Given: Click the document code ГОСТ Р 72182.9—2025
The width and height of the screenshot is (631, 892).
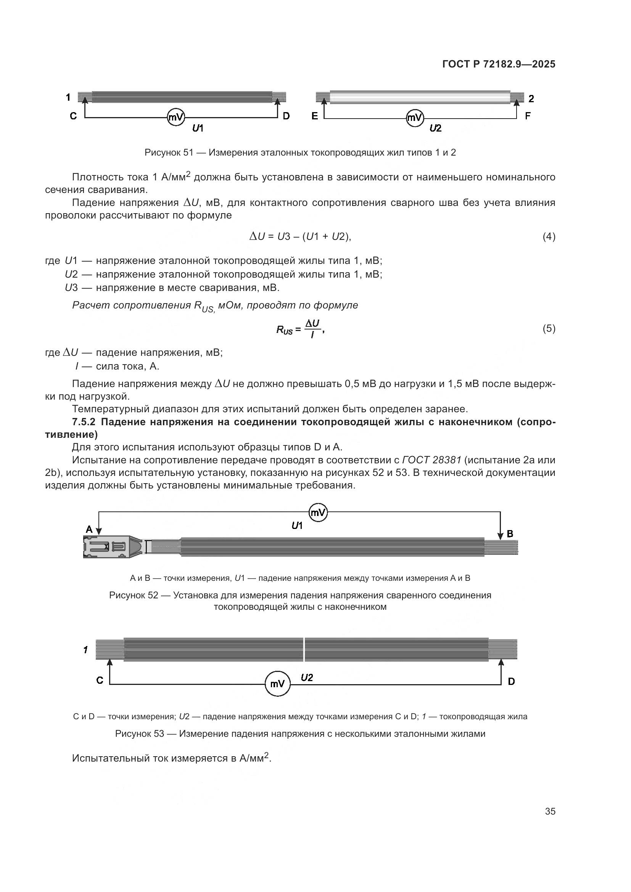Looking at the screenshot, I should click(x=499, y=64).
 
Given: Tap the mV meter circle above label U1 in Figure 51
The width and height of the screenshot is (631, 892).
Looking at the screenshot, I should click(x=175, y=117).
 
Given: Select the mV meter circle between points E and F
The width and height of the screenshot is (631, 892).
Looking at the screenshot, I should click(x=415, y=117).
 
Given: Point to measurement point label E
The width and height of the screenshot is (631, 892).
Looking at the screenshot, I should click(x=315, y=116).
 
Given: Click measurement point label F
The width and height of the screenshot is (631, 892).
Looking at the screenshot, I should click(x=528, y=116).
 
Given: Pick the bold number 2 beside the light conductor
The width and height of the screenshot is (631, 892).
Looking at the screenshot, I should click(x=531, y=99).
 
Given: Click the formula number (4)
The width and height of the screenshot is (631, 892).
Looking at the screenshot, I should click(x=549, y=236).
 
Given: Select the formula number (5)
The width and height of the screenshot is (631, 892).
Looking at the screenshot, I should click(x=549, y=329).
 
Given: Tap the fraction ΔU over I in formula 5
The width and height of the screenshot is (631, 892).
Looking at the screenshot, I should click(x=312, y=329).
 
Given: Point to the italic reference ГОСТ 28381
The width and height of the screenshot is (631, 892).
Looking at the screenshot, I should click(x=432, y=460).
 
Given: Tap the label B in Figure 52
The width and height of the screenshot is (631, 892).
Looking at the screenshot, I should click(x=510, y=534).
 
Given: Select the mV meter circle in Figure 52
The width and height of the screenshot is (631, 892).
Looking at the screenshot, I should click(x=318, y=513).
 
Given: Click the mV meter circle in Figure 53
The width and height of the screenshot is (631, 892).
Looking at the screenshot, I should click(x=277, y=684).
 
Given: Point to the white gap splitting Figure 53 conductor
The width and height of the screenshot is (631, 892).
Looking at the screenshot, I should click(x=304, y=649).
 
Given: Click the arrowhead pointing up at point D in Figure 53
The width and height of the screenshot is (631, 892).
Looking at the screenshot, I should click(x=501, y=662).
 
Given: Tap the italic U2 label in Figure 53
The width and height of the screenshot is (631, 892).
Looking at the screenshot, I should click(x=307, y=678).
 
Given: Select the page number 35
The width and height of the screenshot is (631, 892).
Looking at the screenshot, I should click(x=550, y=812).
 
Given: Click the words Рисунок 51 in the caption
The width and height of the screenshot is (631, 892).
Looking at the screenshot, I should click(x=169, y=153).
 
